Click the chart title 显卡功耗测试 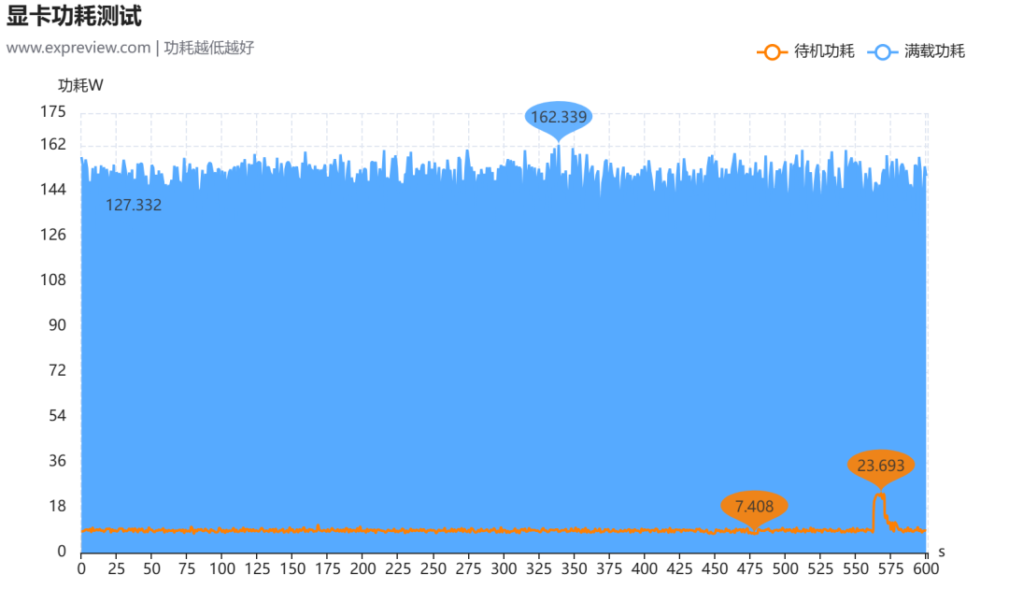point(74,16)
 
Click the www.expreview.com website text point(78,48)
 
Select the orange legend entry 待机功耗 point(805,51)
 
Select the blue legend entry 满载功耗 point(917,51)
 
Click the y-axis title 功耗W point(80,85)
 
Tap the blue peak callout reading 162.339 point(559,117)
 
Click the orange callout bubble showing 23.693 point(881,466)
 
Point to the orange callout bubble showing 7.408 point(754,507)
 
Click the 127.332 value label point(134,205)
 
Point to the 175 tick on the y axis point(52,112)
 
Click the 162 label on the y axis point(52,144)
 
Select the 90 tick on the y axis point(57,325)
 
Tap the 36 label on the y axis point(57,461)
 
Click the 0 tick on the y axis point(62,551)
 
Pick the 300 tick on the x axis point(504,568)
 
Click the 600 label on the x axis point(926,568)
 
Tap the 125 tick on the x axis point(257,568)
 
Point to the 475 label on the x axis point(749,568)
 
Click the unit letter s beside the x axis point(942,553)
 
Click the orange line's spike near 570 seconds point(880,495)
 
